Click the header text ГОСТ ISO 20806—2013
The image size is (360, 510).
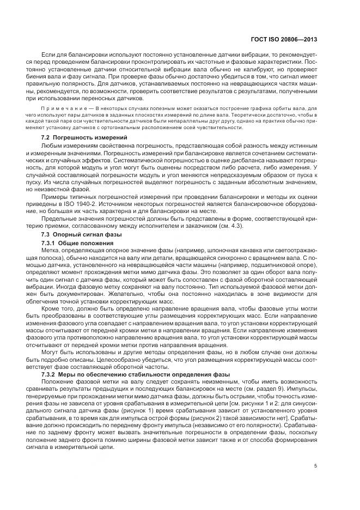tap(292, 40)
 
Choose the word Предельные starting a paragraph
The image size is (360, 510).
tap(58, 218)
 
